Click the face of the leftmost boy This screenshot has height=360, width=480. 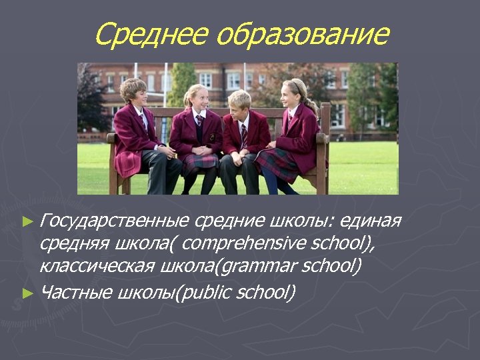pyautogui.click(x=136, y=96)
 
